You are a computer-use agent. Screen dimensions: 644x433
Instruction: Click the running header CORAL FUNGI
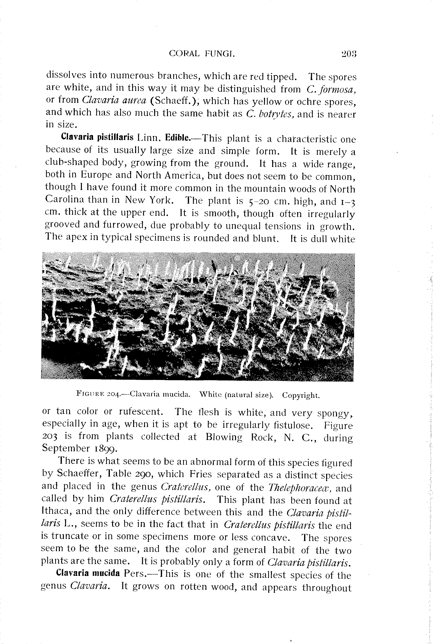pyautogui.click(x=202, y=53)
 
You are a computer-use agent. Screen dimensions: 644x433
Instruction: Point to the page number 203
pyautogui.click(x=349, y=53)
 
